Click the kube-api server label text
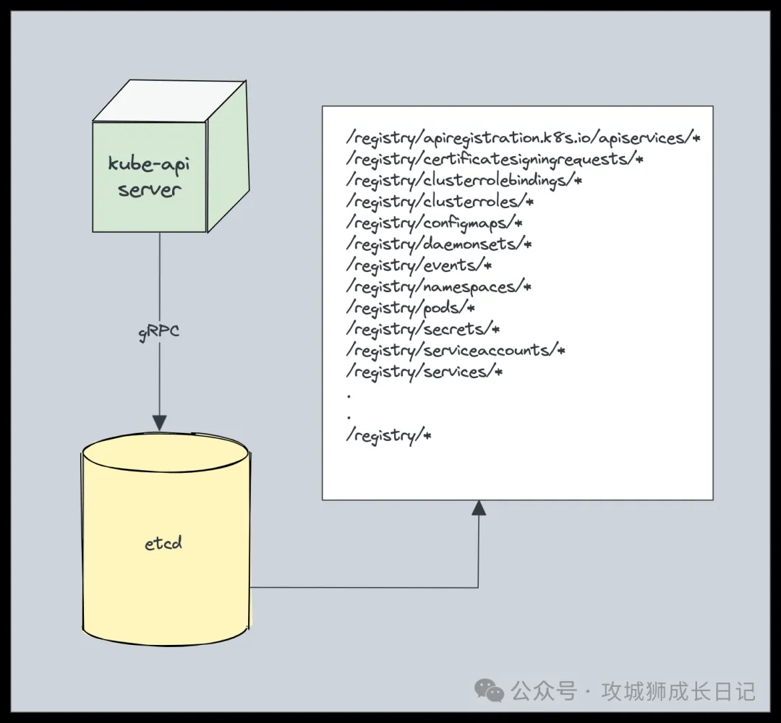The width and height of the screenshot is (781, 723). point(149,176)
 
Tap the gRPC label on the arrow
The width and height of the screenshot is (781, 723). point(159,332)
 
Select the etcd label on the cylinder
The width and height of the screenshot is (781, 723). point(163,542)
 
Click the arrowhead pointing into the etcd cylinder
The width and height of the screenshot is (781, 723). point(159,423)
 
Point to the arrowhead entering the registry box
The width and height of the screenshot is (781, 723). point(479,508)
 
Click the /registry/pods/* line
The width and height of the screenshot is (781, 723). point(411,308)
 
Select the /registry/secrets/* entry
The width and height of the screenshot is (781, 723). point(423,329)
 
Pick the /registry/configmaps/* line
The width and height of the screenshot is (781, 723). point(434,223)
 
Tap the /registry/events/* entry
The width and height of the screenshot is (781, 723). point(419,265)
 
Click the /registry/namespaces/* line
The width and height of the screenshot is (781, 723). point(439,287)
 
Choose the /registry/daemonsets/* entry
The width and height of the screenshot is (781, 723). point(439,244)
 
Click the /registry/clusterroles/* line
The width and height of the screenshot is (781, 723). point(440,202)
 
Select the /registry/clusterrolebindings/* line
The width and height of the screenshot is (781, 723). point(464,181)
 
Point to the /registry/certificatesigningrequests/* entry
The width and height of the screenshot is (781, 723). point(495,159)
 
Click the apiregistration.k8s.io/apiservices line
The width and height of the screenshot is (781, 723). point(524,138)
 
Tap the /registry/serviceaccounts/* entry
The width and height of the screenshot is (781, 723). point(456,351)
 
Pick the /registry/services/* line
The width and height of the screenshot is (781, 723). point(424,372)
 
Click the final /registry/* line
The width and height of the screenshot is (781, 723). point(388,436)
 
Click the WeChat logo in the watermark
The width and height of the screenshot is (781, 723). point(489,690)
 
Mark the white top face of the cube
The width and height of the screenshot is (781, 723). point(169,101)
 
